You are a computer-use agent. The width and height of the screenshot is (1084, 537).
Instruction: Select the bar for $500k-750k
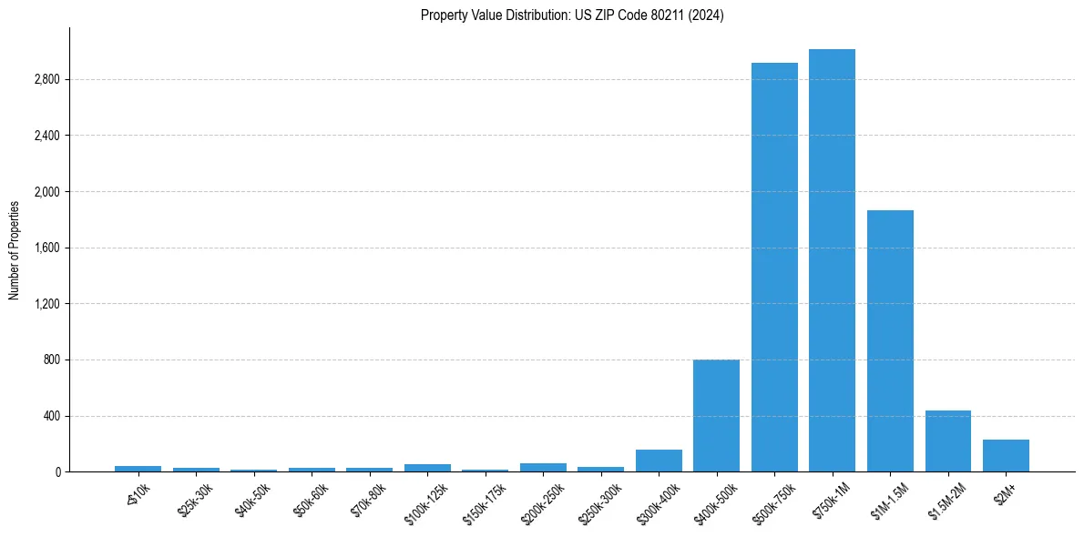point(774,268)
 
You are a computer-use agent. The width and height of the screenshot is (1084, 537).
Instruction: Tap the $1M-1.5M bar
point(890,341)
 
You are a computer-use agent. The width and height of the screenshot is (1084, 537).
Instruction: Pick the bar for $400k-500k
point(716,416)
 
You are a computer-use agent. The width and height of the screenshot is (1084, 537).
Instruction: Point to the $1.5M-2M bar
point(947,441)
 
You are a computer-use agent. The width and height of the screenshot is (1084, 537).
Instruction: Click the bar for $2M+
point(1006,456)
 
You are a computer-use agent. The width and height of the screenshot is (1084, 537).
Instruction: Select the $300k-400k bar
point(659,461)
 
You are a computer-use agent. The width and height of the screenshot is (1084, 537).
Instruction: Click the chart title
point(572,15)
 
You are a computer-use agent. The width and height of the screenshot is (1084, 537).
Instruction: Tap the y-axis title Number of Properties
point(15,249)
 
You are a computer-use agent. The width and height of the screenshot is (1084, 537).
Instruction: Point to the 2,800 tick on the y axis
point(46,80)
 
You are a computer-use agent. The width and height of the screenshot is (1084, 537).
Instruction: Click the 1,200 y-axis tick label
point(46,304)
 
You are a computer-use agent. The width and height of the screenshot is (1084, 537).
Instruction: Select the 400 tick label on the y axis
point(51,417)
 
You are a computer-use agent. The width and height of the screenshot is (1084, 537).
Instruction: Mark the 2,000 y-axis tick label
point(46,192)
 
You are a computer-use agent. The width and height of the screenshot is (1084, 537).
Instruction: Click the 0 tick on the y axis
point(56,472)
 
